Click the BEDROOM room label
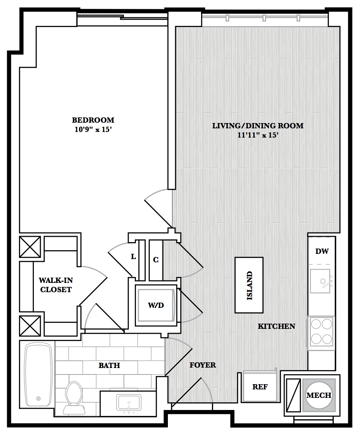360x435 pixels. click(x=93, y=120)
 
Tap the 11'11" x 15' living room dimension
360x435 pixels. click(x=258, y=135)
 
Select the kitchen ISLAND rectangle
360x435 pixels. click(x=249, y=285)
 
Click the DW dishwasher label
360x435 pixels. click(x=322, y=251)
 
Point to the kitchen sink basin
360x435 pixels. click(x=320, y=281)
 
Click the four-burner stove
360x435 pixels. click(x=321, y=331)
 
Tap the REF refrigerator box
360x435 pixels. click(x=260, y=387)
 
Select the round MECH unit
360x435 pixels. click(x=319, y=395)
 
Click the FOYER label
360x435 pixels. click(x=203, y=365)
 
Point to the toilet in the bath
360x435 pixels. click(x=74, y=397)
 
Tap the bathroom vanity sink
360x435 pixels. click(x=129, y=403)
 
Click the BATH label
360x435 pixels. click(x=109, y=365)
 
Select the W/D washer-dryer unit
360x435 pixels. click(x=156, y=305)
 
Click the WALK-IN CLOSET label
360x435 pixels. click(x=56, y=285)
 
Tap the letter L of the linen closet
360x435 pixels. click(x=134, y=257)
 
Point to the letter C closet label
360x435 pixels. click(x=156, y=260)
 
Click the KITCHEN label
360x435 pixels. click(x=276, y=326)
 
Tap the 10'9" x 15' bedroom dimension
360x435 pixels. click(x=93, y=129)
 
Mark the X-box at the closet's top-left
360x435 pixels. click(x=30, y=247)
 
